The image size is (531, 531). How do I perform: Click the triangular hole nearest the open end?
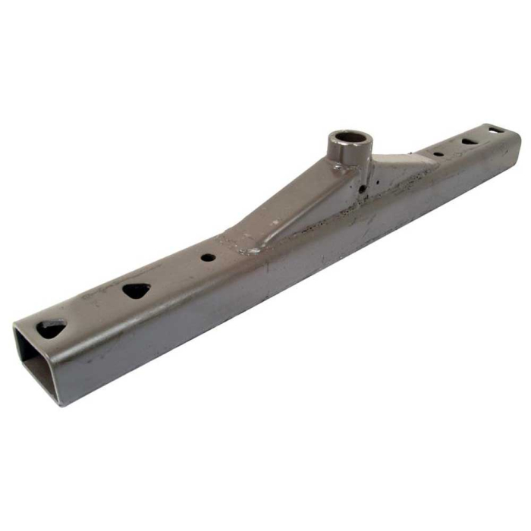tap(52, 328)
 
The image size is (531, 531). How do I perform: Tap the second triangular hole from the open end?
tap(137, 290)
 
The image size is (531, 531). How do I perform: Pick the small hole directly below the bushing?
tap(364, 184)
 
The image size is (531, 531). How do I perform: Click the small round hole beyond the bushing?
tap(438, 154)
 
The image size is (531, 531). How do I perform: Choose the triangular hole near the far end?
tap(470, 141)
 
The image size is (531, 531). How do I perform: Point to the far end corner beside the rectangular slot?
tap(517, 135)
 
